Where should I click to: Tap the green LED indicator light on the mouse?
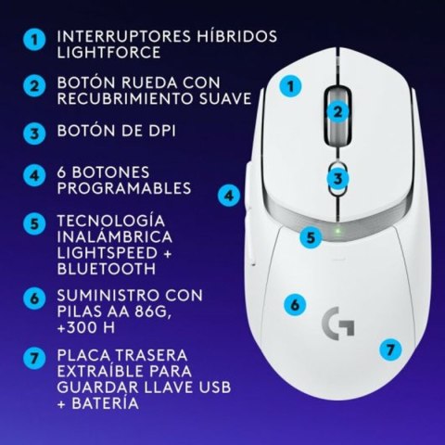pyautogui.click(x=339, y=232)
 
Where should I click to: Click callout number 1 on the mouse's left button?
pyautogui.click(x=292, y=87)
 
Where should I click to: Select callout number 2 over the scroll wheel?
pyautogui.click(x=339, y=112)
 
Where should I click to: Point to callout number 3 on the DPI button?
pyautogui.click(x=340, y=177)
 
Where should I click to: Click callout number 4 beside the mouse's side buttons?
pyautogui.click(x=228, y=196)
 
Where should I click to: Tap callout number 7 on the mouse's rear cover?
pyautogui.click(x=390, y=350)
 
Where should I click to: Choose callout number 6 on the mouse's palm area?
pyautogui.click(x=293, y=303)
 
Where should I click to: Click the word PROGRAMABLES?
pyautogui.click(x=123, y=188)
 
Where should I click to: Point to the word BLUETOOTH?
pyautogui.click(x=107, y=269)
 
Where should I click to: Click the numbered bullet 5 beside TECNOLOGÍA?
pyautogui.click(x=34, y=223)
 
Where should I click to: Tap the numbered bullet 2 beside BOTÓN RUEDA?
pyautogui.click(x=34, y=85)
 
